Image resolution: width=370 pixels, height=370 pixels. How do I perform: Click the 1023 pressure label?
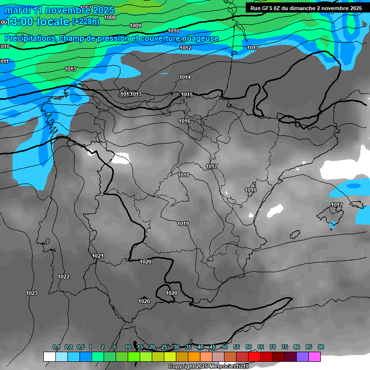pyautogui.click(x=32, y=293)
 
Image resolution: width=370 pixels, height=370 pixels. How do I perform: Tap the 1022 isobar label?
pyautogui.click(x=64, y=277)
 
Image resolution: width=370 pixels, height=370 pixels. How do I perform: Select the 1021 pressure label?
pyautogui.click(x=98, y=256)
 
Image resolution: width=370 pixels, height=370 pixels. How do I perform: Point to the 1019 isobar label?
pyautogui.click(x=183, y=224)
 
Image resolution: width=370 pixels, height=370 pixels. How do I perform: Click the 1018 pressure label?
pyautogui.click(x=184, y=175)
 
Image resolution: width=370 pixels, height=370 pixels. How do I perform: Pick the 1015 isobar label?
pyautogui.click(x=187, y=94)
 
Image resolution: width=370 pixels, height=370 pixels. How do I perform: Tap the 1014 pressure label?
pyautogui.click(x=185, y=77)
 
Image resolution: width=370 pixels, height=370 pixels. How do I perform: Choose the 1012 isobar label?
pyautogui.click(x=185, y=48)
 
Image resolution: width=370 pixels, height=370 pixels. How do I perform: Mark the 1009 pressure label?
pyautogui.click(x=135, y=26)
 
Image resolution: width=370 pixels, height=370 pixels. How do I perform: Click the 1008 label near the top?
pyautogui.click(x=110, y=17)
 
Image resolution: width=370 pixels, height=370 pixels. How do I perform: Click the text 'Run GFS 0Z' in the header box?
pyautogui.click(x=265, y=8)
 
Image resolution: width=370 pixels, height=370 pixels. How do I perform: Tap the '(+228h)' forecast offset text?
pyautogui.click(x=86, y=22)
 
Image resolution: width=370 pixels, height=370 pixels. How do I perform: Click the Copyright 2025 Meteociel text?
pyautogui.click(x=208, y=367)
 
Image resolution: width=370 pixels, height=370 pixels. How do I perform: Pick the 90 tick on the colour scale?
pyautogui.click(x=321, y=347)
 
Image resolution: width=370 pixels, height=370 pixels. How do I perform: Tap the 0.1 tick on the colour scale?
pyautogui.click(x=56, y=347)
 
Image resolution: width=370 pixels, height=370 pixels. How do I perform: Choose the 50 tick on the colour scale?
pyautogui.click(x=225, y=347)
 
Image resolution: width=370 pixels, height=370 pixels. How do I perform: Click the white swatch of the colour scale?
pyautogui.click(x=49, y=357)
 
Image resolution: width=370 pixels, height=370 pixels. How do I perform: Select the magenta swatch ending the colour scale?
pyautogui.click(x=315, y=357)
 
